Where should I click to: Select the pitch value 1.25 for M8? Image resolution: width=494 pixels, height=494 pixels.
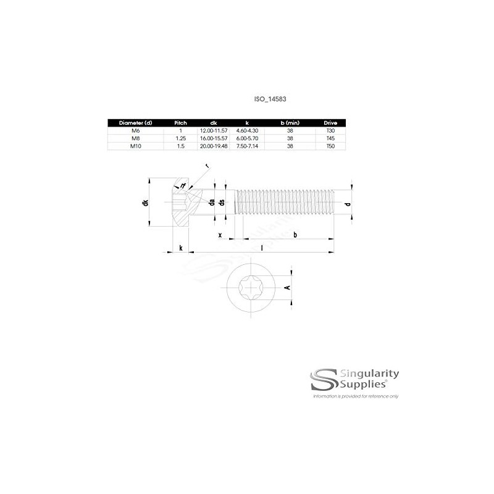[180, 139]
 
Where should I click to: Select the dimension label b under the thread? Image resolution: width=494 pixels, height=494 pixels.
[295, 235]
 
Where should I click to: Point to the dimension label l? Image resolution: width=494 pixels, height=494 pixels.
[262, 248]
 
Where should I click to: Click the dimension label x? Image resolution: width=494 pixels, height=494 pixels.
[220, 235]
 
